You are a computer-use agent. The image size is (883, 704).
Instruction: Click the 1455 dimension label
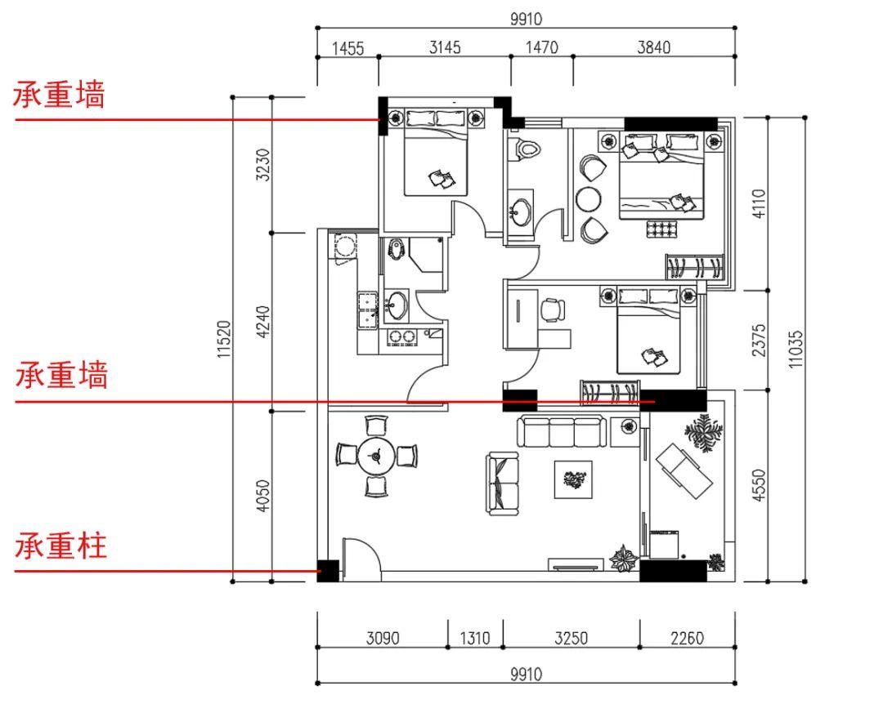[x=347, y=48]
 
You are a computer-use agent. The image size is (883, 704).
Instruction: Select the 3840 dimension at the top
[x=654, y=47]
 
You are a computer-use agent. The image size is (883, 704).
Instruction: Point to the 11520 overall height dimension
[x=224, y=339]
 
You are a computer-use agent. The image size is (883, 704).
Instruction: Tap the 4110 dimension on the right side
[x=759, y=203]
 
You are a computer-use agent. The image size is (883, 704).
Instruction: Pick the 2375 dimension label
[x=759, y=340]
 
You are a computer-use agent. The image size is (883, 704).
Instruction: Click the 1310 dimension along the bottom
[x=475, y=638]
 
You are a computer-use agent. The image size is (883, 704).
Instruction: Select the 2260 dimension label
[x=687, y=638]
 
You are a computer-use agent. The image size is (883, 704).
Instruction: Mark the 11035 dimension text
[x=796, y=349]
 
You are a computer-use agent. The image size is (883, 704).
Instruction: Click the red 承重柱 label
[x=61, y=546]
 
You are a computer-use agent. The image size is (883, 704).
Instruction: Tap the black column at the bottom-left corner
[x=328, y=571]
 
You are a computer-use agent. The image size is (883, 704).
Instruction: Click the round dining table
[x=376, y=456]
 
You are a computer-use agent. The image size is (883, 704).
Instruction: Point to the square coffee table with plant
[x=573, y=479]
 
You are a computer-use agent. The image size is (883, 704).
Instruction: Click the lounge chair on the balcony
[x=684, y=470]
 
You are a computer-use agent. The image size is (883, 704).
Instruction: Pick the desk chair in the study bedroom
[x=553, y=310]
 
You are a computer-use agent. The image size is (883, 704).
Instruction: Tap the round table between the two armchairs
[x=588, y=198]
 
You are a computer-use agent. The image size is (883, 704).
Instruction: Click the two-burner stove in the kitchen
[x=402, y=337]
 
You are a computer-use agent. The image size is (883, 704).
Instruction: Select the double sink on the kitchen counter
[x=367, y=310]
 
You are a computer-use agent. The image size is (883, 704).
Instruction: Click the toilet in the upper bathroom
[x=526, y=148]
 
